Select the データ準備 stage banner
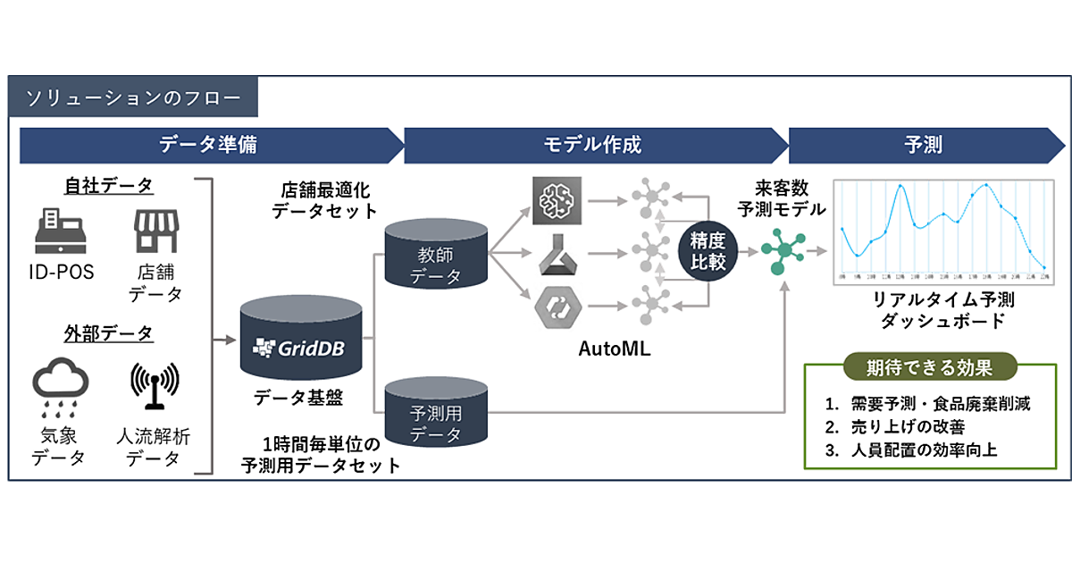212,145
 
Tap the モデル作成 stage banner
593,145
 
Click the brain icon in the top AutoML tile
557,201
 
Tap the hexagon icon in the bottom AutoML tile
557,307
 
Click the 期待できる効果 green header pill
929,366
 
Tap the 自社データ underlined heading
109,185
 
